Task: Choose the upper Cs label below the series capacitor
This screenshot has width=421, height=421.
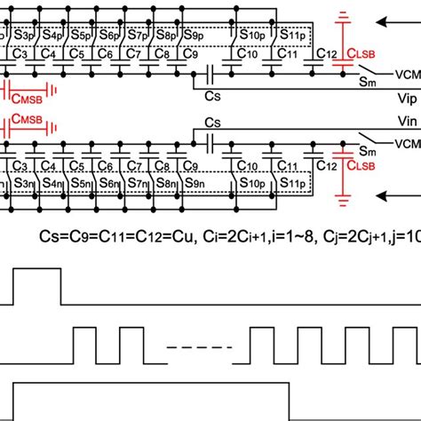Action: pos(213,93)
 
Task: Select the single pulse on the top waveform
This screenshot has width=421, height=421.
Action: pos(36,284)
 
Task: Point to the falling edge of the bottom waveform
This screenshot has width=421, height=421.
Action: pos(290,400)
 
